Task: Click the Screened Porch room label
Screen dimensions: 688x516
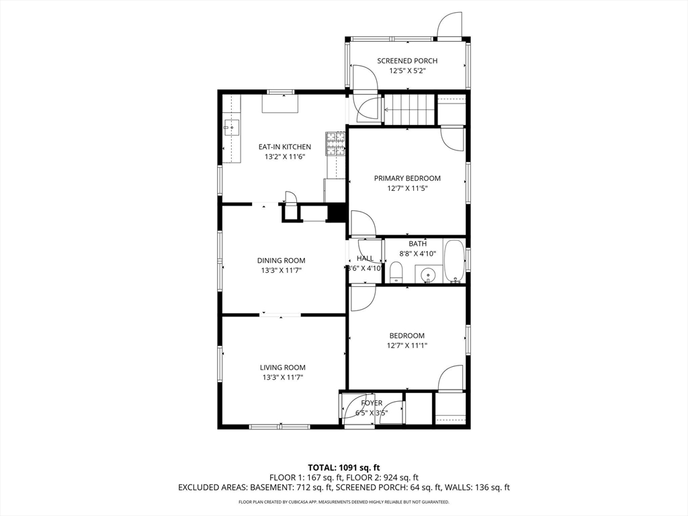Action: [x=407, y=61]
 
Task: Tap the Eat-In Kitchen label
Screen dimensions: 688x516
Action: [x=284, y=147]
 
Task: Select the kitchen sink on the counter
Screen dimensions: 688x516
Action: [x=231, y=128]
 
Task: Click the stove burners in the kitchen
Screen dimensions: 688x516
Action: [x=335, y=144]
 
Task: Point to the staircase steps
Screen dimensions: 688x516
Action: [x=410, y=110]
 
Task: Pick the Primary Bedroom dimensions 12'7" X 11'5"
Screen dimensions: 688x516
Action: [x=407, y=189]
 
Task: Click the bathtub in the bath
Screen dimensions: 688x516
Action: [x=454, y=261]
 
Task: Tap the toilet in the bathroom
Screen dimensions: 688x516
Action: [x=396, y=271]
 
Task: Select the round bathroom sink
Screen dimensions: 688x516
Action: [x=427, y=275]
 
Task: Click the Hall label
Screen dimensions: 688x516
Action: [x=365, y=259]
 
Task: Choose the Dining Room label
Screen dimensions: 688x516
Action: [x=282, y=261]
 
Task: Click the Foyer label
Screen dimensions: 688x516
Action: [x=372, y=403]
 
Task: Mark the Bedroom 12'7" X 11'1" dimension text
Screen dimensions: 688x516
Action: [x=407, y=346]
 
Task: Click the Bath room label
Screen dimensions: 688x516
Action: [x=418, y=243]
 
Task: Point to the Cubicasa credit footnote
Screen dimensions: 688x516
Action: [x=344, y=502]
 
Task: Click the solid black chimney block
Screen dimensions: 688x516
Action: [x=337, y=213]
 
